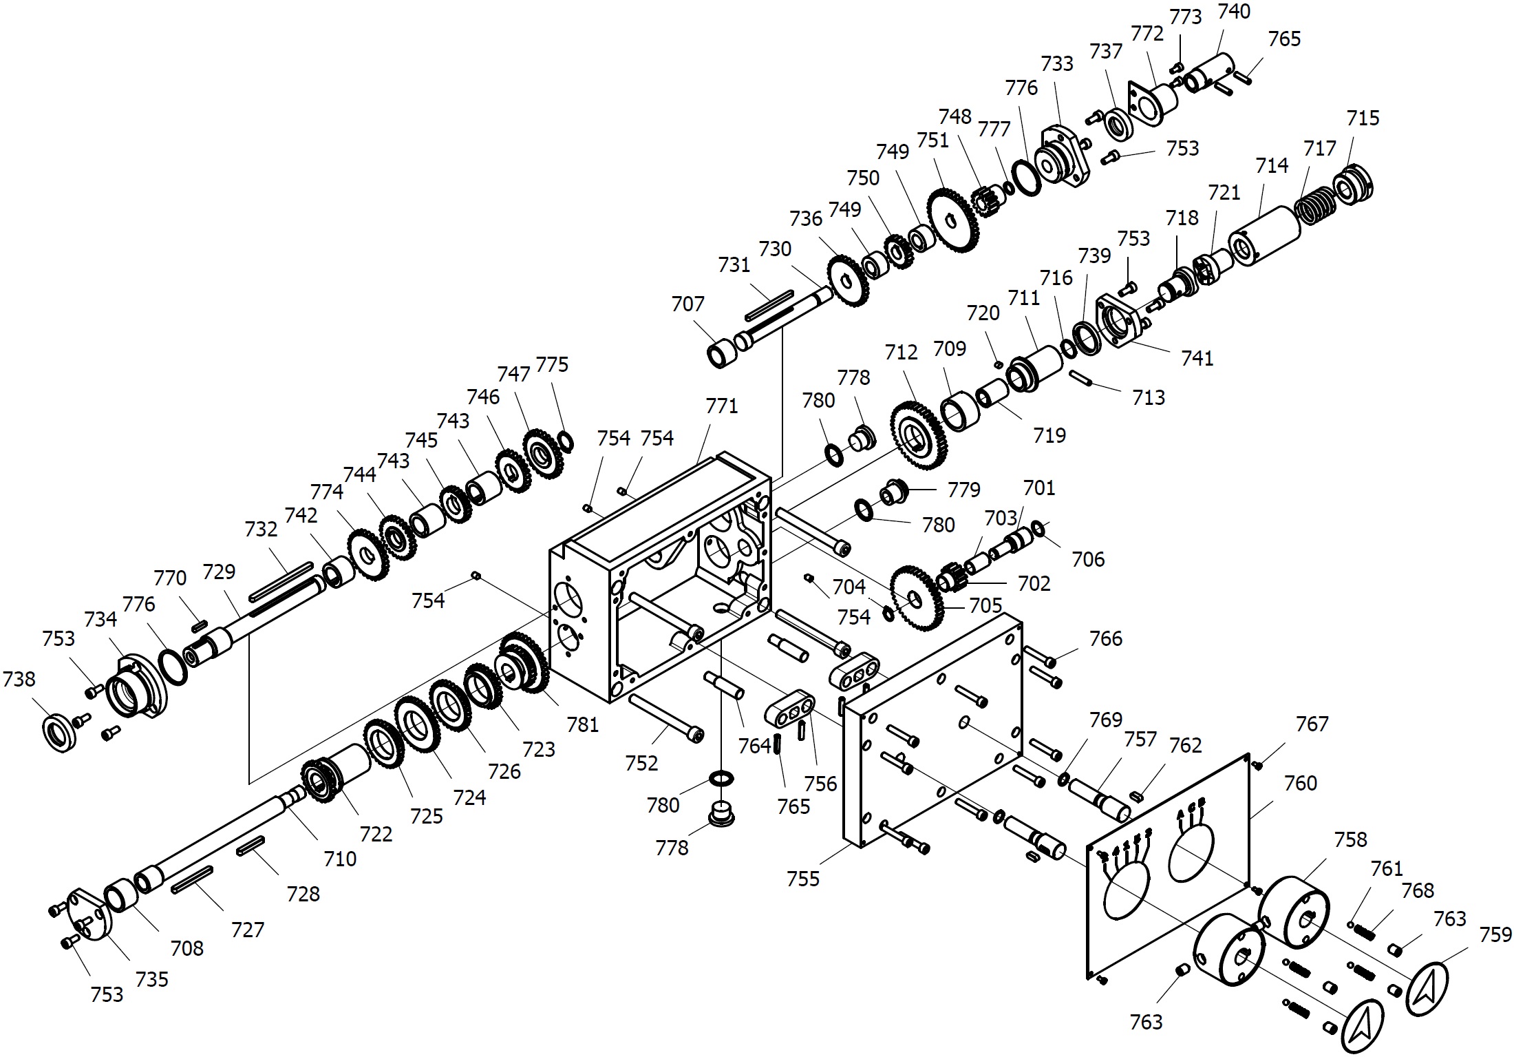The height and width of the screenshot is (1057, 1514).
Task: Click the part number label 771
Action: (x=721, y=406)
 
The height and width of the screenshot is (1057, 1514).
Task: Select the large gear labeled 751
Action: (x=953, y=220)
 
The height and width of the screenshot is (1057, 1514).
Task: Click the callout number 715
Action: (x=1363, y=118)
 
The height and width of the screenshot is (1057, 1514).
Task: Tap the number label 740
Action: (x=1234, y=12)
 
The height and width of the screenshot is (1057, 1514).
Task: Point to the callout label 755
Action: (x=803, y=879)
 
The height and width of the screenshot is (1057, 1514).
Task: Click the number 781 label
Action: (x=583, y=724)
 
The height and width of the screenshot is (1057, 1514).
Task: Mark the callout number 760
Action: (x=1300, y=784)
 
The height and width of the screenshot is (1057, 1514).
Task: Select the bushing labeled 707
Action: (x=722, y=353)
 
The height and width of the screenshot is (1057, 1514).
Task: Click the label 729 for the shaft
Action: (x=219, y=572)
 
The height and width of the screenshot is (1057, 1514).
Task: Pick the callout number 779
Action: (x=963, y=490)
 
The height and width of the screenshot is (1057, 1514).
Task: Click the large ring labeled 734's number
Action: (x=100, y=620)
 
